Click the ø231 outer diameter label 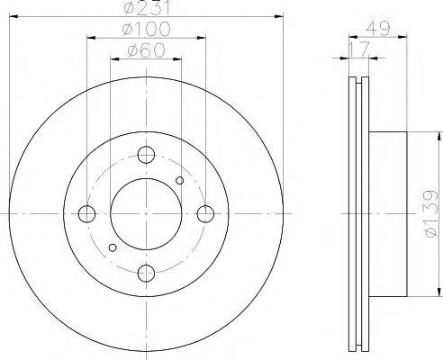tap(146, 9)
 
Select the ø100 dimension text tap(146, 31)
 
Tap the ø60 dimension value tap(146, 50)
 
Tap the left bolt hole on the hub tap(87, 213)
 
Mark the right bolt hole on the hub tap(205, 213)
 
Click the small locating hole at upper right tap(180, 181)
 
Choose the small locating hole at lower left tap(112, 247)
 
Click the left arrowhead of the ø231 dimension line tap(11, 18)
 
